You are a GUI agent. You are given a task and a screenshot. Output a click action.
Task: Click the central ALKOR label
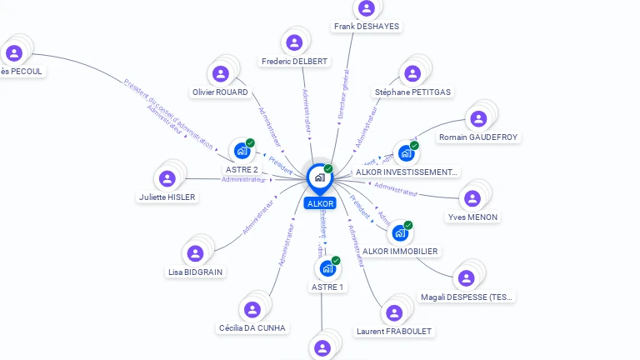320,203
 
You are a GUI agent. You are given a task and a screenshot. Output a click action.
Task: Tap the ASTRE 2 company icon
242,151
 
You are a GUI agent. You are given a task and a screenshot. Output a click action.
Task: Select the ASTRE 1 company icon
327,268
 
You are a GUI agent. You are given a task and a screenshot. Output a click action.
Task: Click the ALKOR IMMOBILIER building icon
400,232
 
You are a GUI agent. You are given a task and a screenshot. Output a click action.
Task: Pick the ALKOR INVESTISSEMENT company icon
406,153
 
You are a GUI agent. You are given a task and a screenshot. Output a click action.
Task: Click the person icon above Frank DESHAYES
366,8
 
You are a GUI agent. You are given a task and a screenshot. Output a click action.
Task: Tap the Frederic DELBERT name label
294,62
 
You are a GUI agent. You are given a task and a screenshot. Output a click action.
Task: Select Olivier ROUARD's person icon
220,73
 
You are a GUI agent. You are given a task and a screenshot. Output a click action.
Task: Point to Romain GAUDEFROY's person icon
477,118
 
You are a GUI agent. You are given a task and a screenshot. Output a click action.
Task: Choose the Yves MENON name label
472,217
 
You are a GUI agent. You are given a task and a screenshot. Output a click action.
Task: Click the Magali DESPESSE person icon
467,278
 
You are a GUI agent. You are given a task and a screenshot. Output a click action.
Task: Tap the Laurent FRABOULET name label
395,331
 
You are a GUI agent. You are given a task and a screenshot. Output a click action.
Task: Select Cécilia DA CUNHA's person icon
252,309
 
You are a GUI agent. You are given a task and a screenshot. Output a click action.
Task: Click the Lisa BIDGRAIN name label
196,272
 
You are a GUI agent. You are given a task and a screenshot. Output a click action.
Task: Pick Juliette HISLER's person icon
167,178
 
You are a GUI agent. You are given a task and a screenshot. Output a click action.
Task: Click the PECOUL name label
21,72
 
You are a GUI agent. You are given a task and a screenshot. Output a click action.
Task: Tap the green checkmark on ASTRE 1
336,261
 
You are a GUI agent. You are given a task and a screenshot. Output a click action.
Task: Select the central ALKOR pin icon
320,177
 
